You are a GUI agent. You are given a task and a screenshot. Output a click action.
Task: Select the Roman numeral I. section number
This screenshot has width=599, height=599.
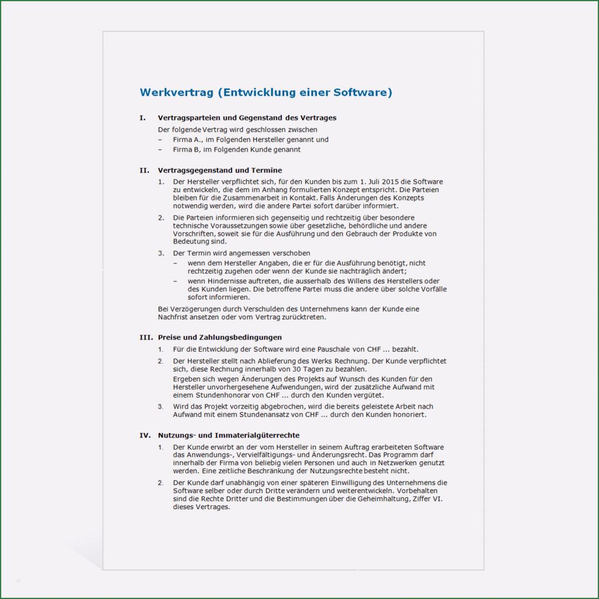(143, 118)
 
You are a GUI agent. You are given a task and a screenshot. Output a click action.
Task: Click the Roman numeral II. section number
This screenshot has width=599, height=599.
(144, 170)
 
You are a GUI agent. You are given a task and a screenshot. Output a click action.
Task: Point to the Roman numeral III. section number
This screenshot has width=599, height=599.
(146, 338)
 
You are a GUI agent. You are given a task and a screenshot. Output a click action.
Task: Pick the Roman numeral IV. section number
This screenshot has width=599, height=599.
(145, 436)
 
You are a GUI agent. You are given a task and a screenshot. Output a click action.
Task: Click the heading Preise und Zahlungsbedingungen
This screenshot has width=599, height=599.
(220, 338)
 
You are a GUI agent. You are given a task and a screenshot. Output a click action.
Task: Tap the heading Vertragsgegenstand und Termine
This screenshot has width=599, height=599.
(220, 170)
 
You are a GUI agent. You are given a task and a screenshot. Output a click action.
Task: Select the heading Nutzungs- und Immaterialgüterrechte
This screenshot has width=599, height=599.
(228, 436)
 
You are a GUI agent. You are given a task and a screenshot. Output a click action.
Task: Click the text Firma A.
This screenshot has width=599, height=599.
(187, 140)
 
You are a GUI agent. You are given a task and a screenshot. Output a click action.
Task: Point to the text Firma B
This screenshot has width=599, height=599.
(186, 150)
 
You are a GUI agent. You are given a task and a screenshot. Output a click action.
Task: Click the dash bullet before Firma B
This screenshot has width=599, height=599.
(160, 150)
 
